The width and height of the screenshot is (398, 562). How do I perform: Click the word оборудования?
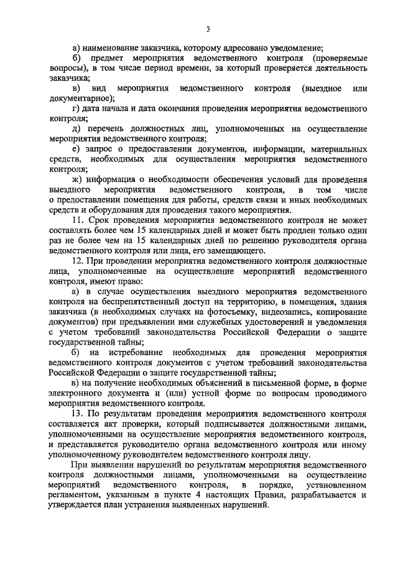99,209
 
